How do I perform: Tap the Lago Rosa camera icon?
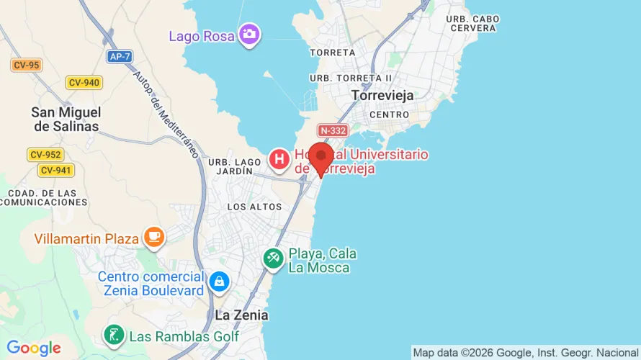(249, 33)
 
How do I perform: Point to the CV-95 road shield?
(27, 65)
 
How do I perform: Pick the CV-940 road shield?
(84, 82)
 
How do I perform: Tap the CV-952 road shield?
(45, 154)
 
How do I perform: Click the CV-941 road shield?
(55, 170)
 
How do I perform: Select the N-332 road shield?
(333, 130)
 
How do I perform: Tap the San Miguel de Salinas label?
(66, 119)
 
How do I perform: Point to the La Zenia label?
(241, 315)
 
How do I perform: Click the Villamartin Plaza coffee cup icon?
(153, 236)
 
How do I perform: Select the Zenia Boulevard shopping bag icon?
(218, 282)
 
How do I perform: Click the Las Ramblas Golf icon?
(114, 335)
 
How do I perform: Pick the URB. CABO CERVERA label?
(472, 23)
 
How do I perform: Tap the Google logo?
(34, 348)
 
